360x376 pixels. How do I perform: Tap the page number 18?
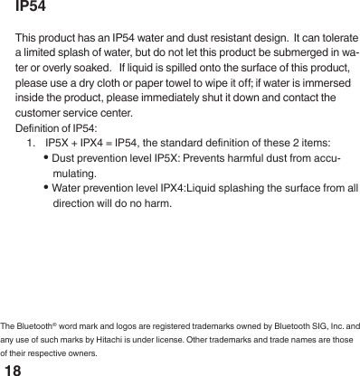point(14,371)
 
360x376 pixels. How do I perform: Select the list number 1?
point(33,142)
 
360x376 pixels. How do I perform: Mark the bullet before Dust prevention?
point(46,157)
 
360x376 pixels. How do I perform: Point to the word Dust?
point(64,157)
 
